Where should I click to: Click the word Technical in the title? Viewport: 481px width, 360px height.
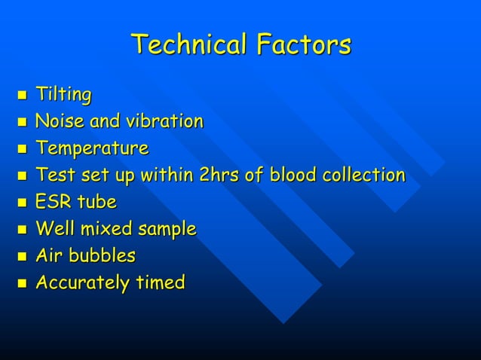(x=189, y=44)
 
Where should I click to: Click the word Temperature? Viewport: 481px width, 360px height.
(x=92, y=148)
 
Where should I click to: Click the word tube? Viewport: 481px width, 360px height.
(x=97, y=203)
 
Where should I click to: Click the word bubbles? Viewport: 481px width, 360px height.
(x=103, y=256)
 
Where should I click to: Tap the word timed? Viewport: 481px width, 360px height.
(x=161, y=283)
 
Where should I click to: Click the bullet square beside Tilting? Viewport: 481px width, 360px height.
(x=21, y=96)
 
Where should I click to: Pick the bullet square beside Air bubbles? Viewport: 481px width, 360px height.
(x=21, y=257)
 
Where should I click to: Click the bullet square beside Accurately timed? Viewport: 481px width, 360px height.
(x=21, y=284)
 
